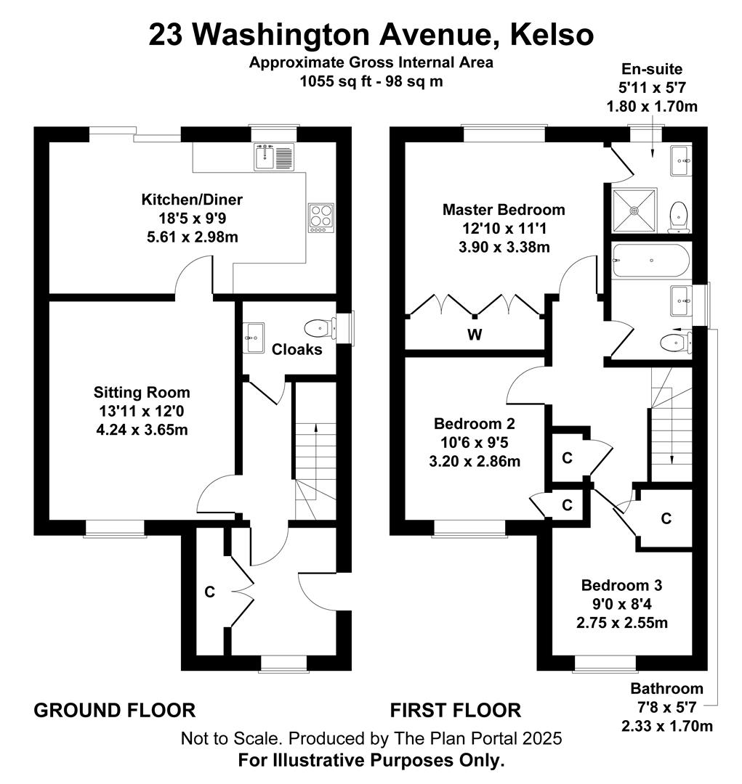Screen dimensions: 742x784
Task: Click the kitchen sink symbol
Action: pyautogui.click(x=275, y=157)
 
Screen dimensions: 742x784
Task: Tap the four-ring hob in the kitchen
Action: pyautogui.click(x=321, y=218)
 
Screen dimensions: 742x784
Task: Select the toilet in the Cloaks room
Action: pyautogui.click(x=320, y=329)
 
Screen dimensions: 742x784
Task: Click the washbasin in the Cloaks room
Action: pyautogui.click(x=254, y=338)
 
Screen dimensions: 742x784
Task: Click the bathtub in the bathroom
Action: pyautogui.click(x=651, y=260)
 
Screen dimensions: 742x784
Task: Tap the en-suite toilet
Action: pyautogui.click(x=680, y=217)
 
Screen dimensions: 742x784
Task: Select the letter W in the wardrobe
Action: pyautogui.click(x=475, y=334)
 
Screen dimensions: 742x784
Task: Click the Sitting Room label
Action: pyautogui.click(x=142, y=392)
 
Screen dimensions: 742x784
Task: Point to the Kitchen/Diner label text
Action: pyautogui.click(x=192, y=200)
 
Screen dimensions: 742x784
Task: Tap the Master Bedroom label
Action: pyautogui.click(x=504, y=210)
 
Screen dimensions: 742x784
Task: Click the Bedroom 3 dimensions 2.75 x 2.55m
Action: pyautogui.click(x=622, y=623)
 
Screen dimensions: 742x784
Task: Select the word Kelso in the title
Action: pyautogui.click(x=552, y=35)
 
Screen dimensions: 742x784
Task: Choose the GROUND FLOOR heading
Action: pyautogui.click(x=115, y=710)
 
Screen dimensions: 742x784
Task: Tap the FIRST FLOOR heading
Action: pyautogui.click(x=456, y=710)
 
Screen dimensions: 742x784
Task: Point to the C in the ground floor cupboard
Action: pyautogui.click(x=210, y=592)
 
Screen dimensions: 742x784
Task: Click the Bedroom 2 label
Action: pyautogui.click(x=475, y=423)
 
